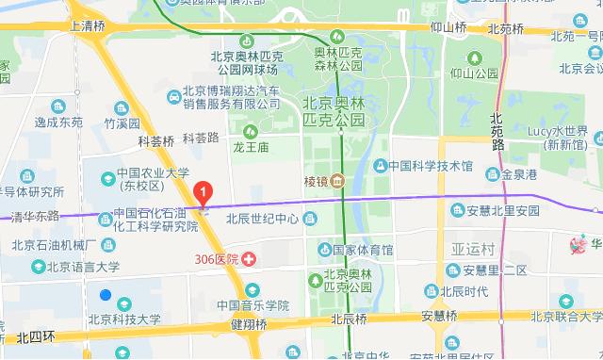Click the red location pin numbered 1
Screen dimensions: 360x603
[202, 193]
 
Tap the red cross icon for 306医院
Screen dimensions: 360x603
[249, 258]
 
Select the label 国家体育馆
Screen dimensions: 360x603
[363, 250]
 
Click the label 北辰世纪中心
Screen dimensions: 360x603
[262, 220]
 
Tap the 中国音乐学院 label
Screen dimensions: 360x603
[252, 305]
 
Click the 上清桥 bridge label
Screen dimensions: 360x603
[88, 26]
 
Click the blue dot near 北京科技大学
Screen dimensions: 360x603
[106, 295]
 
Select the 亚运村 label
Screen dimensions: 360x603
[472, 250]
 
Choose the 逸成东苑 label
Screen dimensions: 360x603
[59, 123]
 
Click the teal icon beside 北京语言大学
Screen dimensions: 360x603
[38, 267]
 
